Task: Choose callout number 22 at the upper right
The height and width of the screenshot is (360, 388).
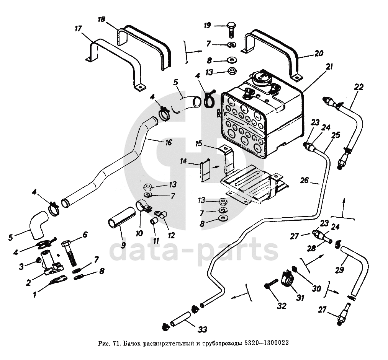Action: click(358, 87)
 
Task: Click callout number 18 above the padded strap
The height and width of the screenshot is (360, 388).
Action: click(101, 19)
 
